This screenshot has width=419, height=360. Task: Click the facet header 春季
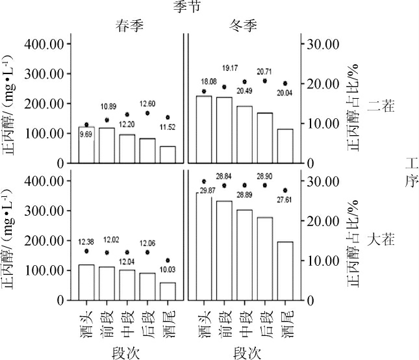126,27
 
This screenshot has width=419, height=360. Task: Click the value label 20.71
264,71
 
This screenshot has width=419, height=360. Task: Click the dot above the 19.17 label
225,86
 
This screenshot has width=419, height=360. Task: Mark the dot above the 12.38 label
86,251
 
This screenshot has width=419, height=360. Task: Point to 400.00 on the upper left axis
47,44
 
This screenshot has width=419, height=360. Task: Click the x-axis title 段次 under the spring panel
127,352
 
